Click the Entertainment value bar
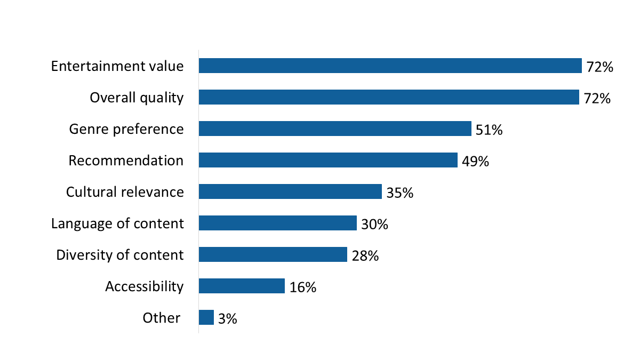[x=390, y=66]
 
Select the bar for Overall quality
[x=389, y=97]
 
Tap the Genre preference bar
[x=335, y=129]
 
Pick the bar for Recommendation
[x=328, y=160]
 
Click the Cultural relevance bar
[x=290, y=191]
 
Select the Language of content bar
[x=277, y=223]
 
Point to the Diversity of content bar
[x=273, y=254]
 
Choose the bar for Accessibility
[x=242, y=286]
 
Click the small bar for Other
[x=206, y=317]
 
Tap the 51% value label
[x=489, y=130]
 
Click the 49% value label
[x=476, y=162]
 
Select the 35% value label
[x=400, y=193]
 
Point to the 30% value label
[x=374, y=225]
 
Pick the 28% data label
[x=365, y=256]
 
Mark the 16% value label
[x=303, y=287]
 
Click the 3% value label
[x=228, y=319]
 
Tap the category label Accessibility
[x=144, y=286]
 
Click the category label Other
[x=162, y=318]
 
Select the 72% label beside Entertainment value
[x=600, y=67]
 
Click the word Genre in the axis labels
[x=85, y=129]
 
